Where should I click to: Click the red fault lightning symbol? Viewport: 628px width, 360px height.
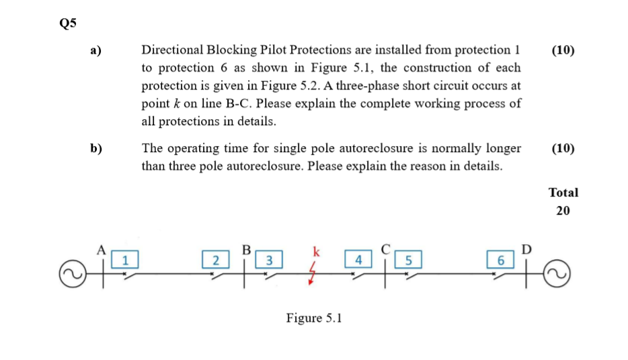(312, 275)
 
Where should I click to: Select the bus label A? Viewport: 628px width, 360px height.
(102, 248)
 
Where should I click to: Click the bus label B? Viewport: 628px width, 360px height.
(246, 248)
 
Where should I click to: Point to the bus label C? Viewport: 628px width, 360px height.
(385, 248)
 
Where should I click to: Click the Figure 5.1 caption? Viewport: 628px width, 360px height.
(314, 318)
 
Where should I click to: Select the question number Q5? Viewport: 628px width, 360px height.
(68, 24)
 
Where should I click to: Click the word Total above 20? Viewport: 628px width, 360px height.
(563, 192)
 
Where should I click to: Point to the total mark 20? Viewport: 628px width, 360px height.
(563, 211)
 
